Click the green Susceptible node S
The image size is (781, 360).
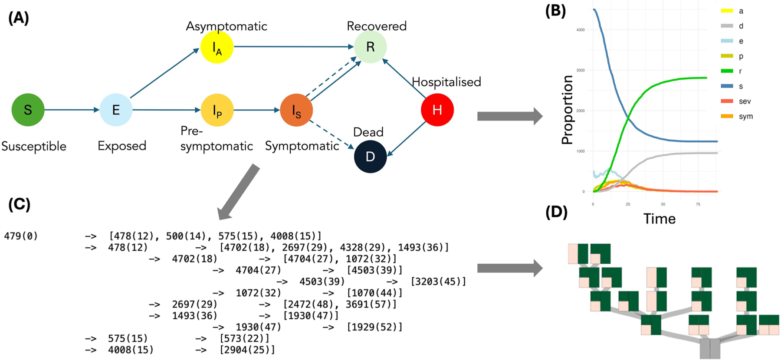click(28, 110)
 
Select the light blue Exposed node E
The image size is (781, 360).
click(116, 110)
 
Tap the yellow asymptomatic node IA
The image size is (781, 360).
click(217, 47)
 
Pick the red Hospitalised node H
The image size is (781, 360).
click(437, 110)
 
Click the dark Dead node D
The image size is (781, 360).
click(370, 157)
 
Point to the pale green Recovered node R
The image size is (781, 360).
click(370, 47)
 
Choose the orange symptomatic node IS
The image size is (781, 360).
click(296, 110)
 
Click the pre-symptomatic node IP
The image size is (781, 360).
click(217, 110)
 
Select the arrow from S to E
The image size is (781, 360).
click(72, 110)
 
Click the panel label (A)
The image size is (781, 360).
click(19, 18)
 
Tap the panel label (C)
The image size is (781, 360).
click(20, 204)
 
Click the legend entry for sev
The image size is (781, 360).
click(745, 101)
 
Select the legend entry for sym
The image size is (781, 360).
click(745, 116)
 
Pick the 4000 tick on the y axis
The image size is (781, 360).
click(581, 30)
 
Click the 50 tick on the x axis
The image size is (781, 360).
click(663, 204)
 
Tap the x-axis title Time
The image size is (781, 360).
click(659, 219)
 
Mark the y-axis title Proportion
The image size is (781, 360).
click(567, 110)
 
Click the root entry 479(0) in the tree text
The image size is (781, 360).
click(21, 236)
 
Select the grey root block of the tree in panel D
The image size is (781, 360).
click(710, 348)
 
